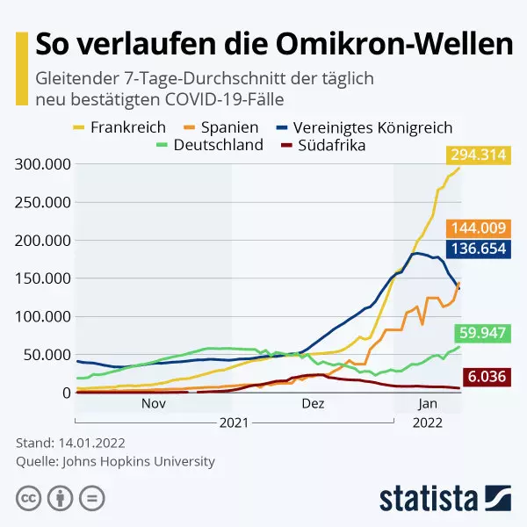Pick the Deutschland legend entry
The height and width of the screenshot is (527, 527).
coord(211,145)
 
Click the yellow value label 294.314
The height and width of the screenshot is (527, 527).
coord(479,155)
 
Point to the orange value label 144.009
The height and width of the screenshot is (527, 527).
coord(479,227)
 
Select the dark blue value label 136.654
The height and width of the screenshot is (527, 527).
coord(479,249)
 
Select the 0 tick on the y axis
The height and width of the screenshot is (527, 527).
coord(67,393)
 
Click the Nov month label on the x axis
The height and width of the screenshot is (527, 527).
coord(154,404)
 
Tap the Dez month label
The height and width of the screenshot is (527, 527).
coord(313,404)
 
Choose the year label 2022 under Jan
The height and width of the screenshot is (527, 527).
coord(427,422)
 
